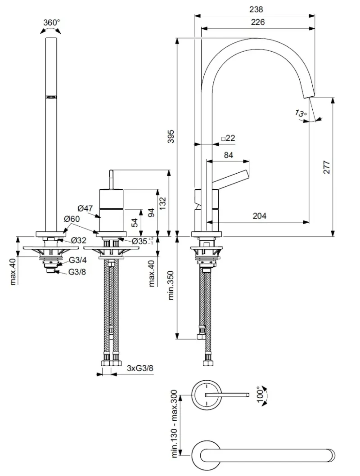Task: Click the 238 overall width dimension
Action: pos(256,9)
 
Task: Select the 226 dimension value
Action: pos(258,22)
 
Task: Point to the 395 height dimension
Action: pos(171,136)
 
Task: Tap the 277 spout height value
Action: pos(327,167)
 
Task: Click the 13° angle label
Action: pos(301,113)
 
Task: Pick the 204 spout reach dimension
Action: pos(260,216)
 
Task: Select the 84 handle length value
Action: pos(229,155)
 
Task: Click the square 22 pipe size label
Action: pos(228,138)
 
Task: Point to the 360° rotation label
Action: pos(51,22)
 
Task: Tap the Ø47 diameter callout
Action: pos(85,208)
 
